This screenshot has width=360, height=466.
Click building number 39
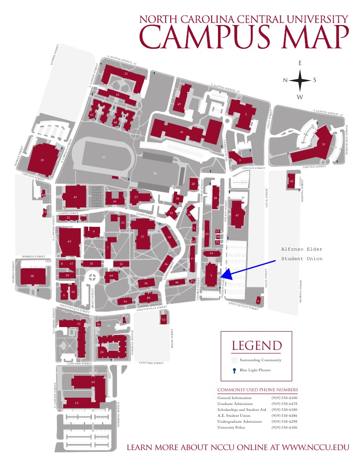[42, 160]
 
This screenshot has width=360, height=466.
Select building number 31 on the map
[323, 144]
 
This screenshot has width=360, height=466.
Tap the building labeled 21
[126, 73]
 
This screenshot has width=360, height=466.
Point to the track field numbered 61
[104, 157]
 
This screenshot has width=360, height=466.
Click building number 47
[237, 215]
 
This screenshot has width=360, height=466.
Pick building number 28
[32, 276]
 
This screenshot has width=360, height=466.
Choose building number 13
[76, 403]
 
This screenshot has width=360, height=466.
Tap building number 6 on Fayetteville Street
[258, 301]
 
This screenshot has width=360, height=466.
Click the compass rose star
[300, 80]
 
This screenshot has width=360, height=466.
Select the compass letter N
[285, 80]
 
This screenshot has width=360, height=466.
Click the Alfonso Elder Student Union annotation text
[301, 254]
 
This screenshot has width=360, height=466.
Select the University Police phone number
[284, 427]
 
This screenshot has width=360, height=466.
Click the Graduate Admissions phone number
[284, 404]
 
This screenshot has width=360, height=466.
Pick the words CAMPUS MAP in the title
[248, 37]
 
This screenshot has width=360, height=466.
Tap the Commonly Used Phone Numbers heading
[258, 390]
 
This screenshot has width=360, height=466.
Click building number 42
[292, 181]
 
